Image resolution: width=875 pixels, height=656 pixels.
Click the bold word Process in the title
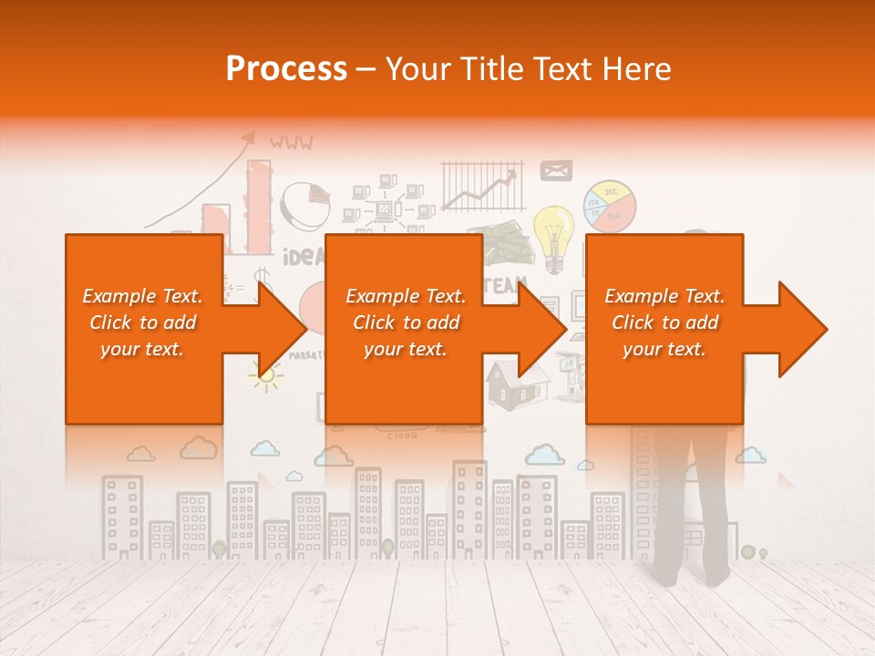coord(286,68)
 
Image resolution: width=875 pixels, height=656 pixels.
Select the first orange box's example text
coord(142,323)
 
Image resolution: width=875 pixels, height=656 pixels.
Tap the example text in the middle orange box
coord(406,323)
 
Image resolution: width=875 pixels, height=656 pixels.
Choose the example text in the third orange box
coord(664,323)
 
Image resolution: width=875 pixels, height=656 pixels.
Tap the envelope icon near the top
coord(556,170)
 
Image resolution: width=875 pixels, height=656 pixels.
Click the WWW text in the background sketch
coord(291,142)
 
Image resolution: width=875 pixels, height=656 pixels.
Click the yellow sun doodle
coord(266,374)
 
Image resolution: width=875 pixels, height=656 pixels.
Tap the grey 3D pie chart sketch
coord(304,205)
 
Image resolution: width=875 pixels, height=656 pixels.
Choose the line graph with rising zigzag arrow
coord(483,186)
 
